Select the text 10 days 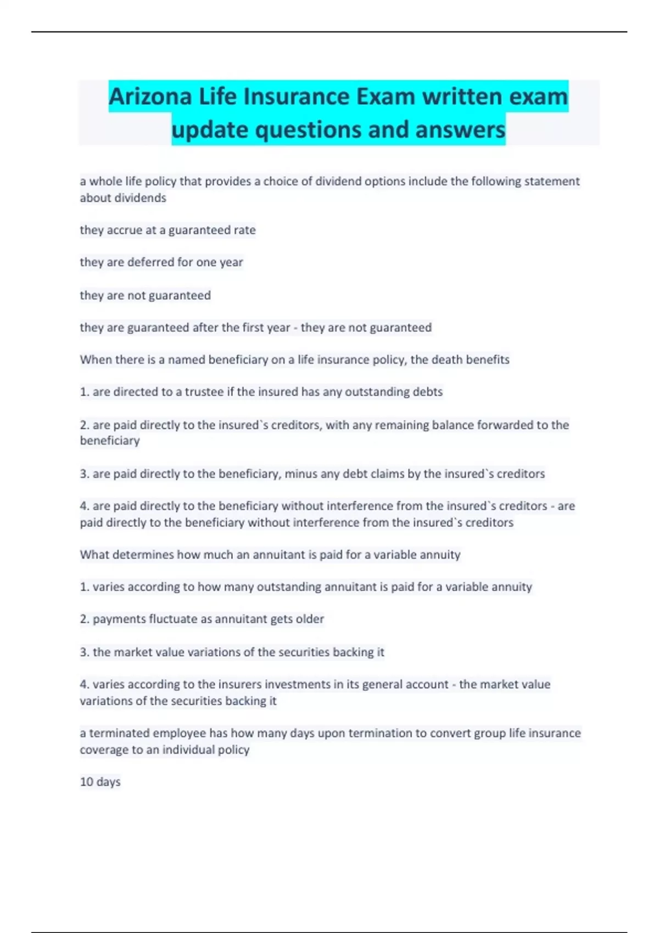100,782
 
